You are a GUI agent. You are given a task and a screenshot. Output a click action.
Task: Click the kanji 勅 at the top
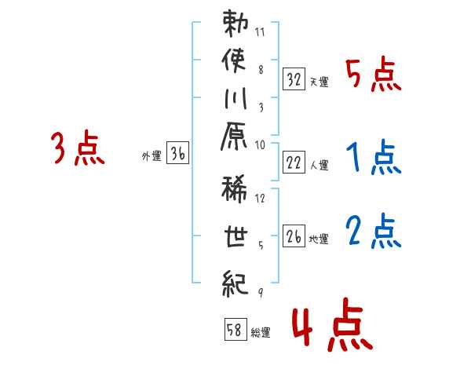(235, 24)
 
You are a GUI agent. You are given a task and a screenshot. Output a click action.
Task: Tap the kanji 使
(234, 60)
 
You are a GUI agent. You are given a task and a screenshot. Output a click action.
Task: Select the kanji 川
(235, 98)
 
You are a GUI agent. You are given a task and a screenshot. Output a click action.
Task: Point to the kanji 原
(234, 136)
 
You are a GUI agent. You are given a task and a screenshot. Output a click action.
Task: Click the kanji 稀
(234, 189)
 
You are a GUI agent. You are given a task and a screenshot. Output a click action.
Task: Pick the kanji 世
(235, 236)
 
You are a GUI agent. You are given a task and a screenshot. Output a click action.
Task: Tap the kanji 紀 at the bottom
(235, 283)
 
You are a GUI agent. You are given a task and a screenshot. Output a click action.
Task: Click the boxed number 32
(294, 79)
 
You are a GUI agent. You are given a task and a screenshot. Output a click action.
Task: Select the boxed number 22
(294, 163)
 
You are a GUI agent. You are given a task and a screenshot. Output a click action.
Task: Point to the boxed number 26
(294, 236)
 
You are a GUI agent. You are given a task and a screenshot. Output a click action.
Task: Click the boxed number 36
(178, 152)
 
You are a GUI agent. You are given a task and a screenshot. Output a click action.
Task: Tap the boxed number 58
(235, 329)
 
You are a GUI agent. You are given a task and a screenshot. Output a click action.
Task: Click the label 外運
(152, 156)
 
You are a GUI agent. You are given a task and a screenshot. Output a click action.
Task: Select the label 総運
(261, 332)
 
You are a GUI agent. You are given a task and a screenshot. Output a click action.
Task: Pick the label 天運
(319, 82)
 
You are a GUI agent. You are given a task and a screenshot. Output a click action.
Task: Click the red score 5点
(374, 75)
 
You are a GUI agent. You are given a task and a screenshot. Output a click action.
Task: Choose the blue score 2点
(374, 231)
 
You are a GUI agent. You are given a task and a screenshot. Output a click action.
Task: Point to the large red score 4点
(332, 324)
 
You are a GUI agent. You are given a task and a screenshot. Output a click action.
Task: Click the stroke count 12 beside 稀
(260, 198)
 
